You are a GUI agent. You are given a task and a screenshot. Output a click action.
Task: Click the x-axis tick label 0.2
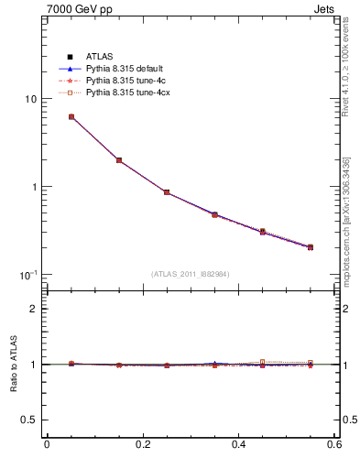point(143,444)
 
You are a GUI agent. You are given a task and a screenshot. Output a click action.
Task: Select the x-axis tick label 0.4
point(238,444)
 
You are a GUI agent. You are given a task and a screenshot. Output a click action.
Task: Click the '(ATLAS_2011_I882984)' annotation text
point(191,274)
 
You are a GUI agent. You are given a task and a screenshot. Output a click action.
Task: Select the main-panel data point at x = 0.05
point(71,117)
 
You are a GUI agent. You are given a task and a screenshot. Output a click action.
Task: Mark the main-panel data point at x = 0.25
point(167,192)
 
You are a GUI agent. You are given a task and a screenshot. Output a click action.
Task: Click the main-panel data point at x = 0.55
point(310,247)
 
